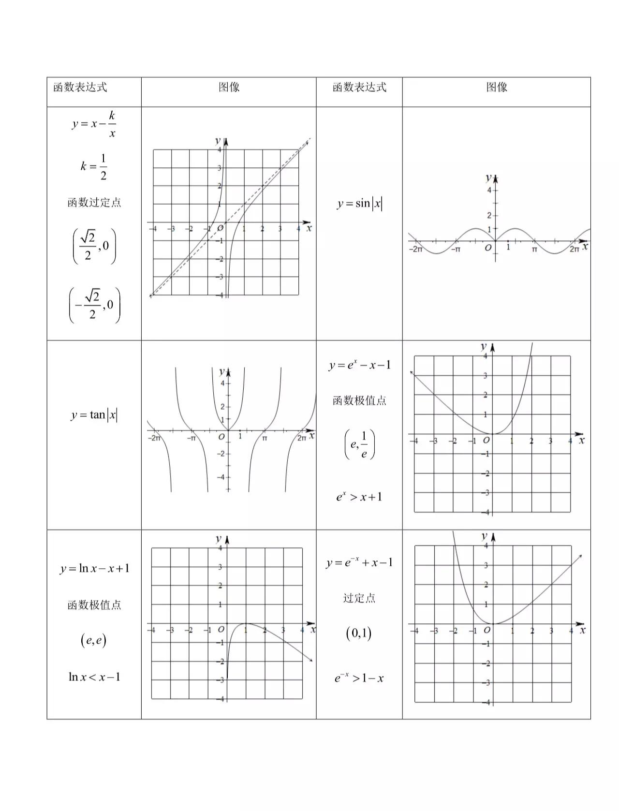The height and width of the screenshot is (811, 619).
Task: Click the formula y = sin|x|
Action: [x=359, y=204]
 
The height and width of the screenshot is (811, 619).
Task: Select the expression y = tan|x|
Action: [x=94, y=415]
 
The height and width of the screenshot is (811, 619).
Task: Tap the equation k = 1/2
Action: [x=94, y=166]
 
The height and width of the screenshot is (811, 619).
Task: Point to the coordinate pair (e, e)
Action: [x=93, y=640]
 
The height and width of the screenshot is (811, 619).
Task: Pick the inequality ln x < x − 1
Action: [x=94, y=677]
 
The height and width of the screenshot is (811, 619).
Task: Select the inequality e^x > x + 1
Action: [x=359, y=497]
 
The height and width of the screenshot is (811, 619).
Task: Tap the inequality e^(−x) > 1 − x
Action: [x=359, y=678]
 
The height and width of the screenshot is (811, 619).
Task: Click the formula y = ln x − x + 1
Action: [x=94, y=568]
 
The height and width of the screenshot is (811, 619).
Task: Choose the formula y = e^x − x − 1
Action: [x=359, y=365]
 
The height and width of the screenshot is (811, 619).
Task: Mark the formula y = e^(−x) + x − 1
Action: [x=359, y=562]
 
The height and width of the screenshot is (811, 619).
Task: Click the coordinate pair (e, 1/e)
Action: [x=359, y=444]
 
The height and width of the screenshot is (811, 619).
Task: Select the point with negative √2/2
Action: [x=94, y=305]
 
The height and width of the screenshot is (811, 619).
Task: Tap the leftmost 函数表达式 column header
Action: [x=80, y=88]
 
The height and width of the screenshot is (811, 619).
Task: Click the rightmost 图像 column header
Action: [x=497, y=88]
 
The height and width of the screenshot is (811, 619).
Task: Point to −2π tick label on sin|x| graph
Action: [x=415, y=250]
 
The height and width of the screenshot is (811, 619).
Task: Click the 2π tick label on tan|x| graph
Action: [x=302, y=438]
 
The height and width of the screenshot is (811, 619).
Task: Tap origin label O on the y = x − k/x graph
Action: [x=220, y=228]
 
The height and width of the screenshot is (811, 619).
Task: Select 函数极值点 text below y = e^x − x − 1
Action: [x=359, y=400]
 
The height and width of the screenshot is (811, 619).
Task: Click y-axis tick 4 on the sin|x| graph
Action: [x=489, y=190]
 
